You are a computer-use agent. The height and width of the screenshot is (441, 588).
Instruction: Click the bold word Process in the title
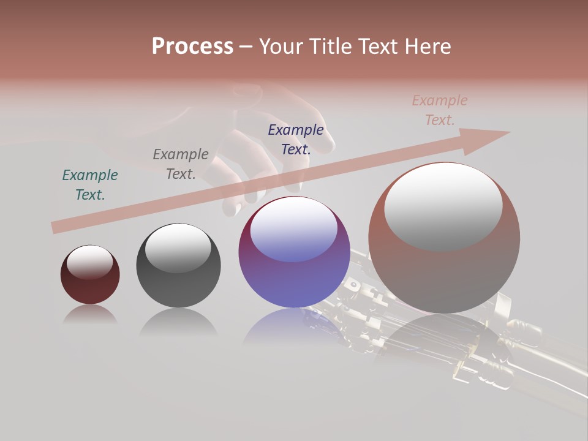(192, 47)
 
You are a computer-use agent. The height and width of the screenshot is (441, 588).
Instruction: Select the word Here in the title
(428, 47)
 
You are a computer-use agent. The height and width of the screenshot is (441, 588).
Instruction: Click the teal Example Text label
(90, 185)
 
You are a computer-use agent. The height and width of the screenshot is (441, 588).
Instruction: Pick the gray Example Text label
(181, 164)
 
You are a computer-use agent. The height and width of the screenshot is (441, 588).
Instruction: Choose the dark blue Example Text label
(296, 139)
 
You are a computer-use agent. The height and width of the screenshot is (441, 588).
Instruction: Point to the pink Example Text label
(440, 110)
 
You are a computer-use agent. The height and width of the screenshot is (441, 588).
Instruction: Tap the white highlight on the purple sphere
(294, 228)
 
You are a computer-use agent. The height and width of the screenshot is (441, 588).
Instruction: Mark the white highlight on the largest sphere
(443, 206)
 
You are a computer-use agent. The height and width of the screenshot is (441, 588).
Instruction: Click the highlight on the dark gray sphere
(178, 247)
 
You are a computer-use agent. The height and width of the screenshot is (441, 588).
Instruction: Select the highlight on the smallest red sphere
(90, 262)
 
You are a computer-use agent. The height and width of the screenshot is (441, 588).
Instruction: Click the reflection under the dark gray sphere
(178, 322)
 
